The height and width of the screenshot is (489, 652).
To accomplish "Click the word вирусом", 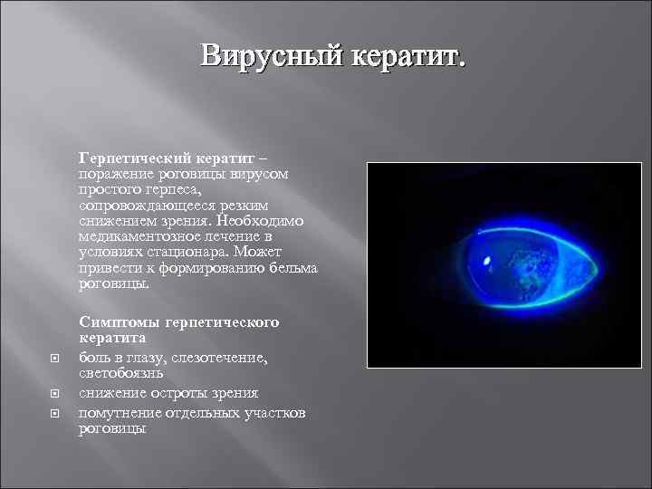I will (258, 173).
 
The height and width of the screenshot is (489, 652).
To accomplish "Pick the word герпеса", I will (182, 189).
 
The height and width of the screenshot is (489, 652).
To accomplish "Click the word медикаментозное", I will (136, 236).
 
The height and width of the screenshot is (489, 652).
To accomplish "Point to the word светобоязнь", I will (121, 372).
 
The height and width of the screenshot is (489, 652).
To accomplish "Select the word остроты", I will (179, 392).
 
